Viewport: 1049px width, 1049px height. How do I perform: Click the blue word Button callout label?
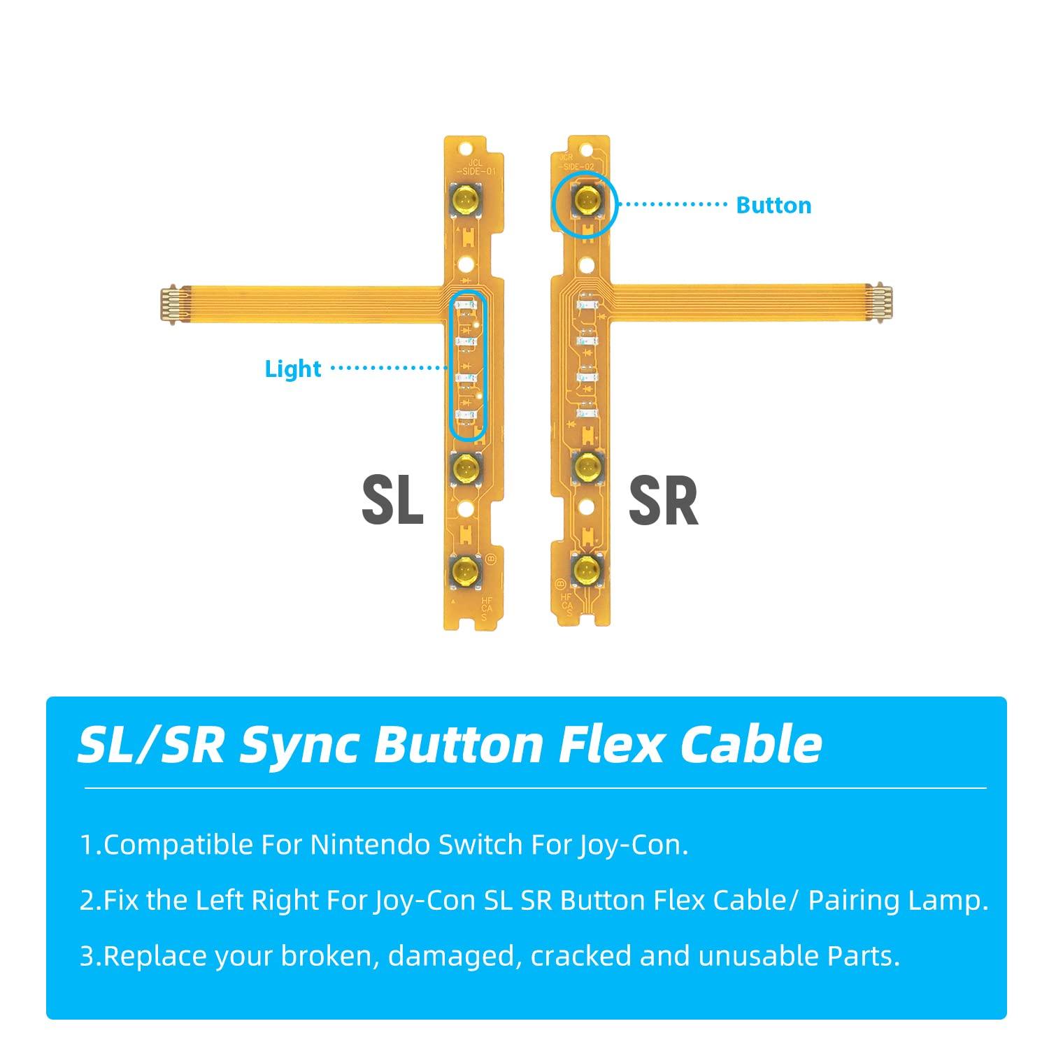pos(773,205)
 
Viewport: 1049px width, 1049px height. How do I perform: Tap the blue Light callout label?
pos(293,369)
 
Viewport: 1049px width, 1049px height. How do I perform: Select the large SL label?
pos(392,501)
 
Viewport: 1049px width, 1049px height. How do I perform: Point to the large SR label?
pos(663,501)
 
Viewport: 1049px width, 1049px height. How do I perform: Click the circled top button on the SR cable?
pos(585,202)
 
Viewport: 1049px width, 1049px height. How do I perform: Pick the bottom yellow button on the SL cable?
pos(464,571)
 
